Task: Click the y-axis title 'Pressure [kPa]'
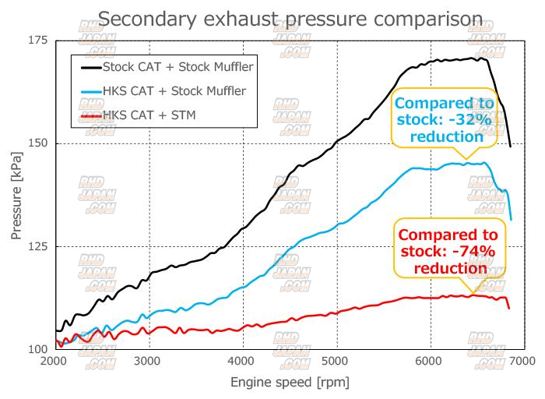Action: click(x=18, y=195)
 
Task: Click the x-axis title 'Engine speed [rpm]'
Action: click(x=290, y=383)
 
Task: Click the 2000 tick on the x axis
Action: click(x=54, y=362)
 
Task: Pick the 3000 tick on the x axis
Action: click(x=148, y=362)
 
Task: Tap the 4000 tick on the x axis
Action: click(x=242, y=362)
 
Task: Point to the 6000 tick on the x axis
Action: click(x=430, y=362)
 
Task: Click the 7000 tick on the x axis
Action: click(x=522, y=362)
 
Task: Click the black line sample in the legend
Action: click(x=91, y=66)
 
